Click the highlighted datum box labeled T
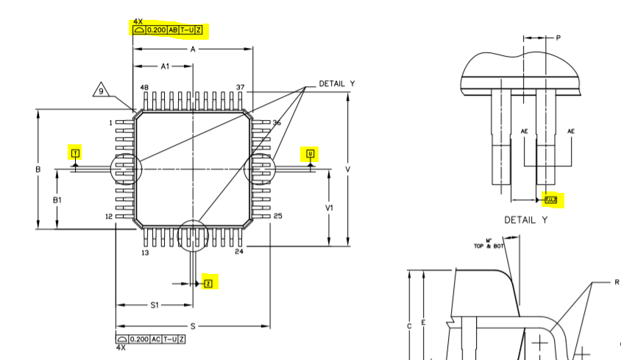[x=75, y=154]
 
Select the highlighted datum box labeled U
[x=310, y=154]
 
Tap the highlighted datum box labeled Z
[x=207, y=283]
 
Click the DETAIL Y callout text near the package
[x=336, y=84]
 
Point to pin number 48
[x=144, y=88]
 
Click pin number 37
[x=241, y=88]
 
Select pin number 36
[x=277, y=122]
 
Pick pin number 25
[x=277, y=216]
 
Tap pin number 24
[x=239, y=252]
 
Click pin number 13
[x=144, y=253]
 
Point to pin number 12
[x=108, y=216]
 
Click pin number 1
[x=110, y=122]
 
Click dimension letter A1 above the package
[x=166, y=66]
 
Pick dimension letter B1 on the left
[x=57, y=200]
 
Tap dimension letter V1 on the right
[x=330, y=208]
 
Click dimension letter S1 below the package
[x=155, y=305]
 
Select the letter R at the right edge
[x=617, y=282]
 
